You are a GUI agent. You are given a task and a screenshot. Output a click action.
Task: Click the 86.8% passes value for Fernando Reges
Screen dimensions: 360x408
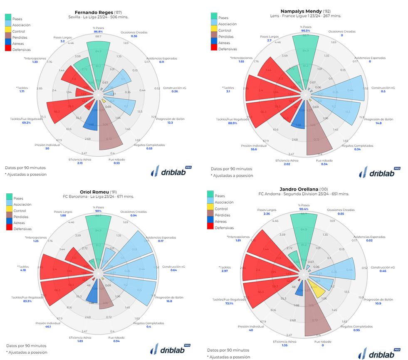tap(98, 32)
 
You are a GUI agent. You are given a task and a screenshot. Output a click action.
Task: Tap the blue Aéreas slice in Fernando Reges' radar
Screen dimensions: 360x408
tap(91, 125)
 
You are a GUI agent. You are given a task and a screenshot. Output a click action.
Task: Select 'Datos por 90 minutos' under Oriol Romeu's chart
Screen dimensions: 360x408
tap(26, 345)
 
